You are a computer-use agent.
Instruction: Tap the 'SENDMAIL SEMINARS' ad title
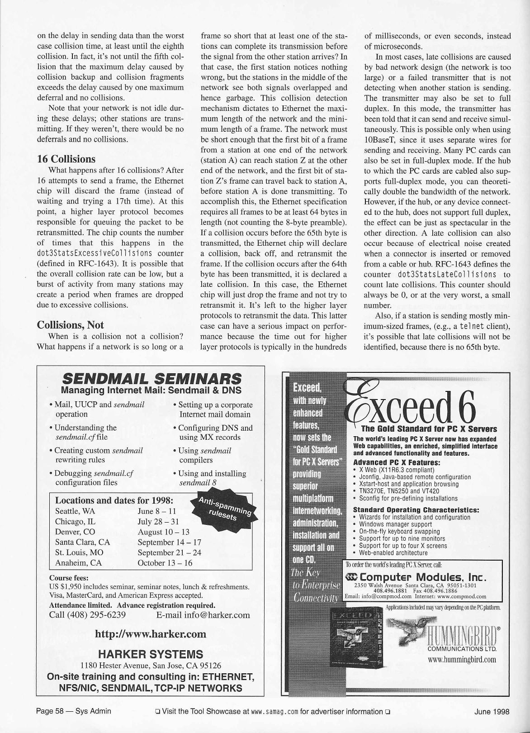pos(151,378)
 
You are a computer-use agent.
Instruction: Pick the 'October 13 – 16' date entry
pos(165,563)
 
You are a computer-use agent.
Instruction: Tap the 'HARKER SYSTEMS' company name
pos(151,654)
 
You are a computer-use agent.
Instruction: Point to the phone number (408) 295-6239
pos(87,615)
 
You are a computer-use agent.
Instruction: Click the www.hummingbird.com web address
pos(462,659)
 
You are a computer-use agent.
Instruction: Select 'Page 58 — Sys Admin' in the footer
pos(74,711)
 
